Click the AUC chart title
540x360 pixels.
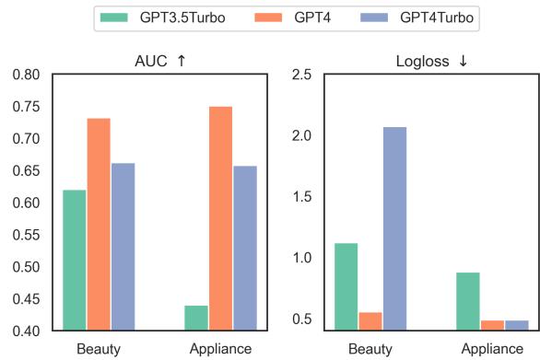(x=159, y=61)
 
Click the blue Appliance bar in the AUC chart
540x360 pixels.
(x=245, y=248)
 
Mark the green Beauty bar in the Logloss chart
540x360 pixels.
(x=346, y=285)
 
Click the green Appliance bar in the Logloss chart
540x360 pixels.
(x=468, y=300)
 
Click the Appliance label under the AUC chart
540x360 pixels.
(x=220, y=349)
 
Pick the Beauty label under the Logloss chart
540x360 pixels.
(x=370, y=349)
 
